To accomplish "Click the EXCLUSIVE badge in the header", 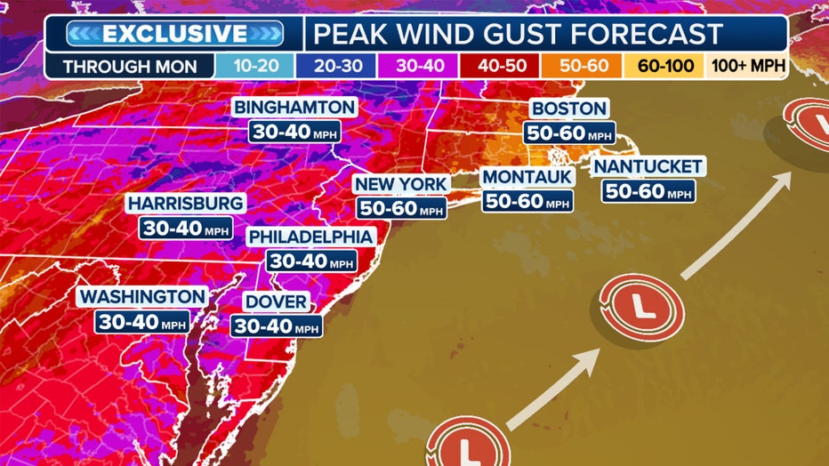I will (x=174, y=34).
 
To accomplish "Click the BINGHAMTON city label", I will (x=295, y=108).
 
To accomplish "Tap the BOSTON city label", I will (x=569, y=108).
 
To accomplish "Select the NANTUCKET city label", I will (x=648, y=166).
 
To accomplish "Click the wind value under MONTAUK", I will (x=527, y=201).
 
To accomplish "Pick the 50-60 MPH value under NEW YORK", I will (x=401, y=208).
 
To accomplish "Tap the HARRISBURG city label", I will (x=185, y=204).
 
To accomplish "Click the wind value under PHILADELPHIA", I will (x=311, y=261).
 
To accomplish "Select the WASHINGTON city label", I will (x=142, y=296).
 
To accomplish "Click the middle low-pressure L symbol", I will (x=638, y=308).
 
